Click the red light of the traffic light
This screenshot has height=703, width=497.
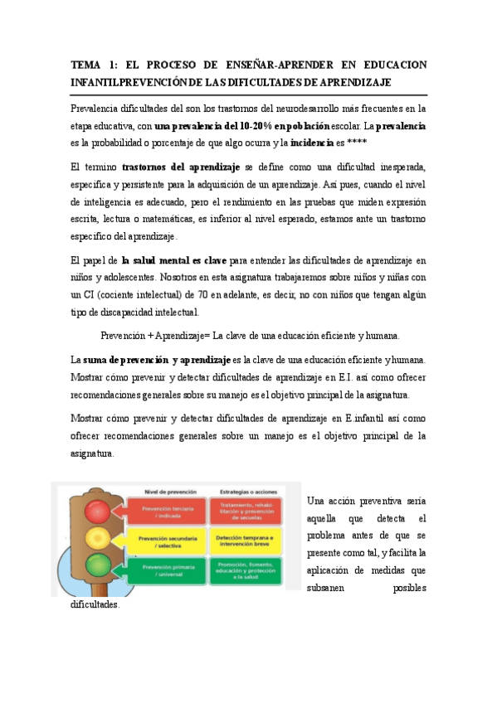[x=98, y=508]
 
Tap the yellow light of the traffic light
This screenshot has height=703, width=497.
[x=98, y=539]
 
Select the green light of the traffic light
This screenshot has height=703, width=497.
[x=98, y=570]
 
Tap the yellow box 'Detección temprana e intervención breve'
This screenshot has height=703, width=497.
[x=246, y=541]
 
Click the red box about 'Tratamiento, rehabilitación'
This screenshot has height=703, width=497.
[x=246, y=511]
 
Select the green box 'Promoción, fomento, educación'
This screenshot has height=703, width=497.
[x=246, y=572]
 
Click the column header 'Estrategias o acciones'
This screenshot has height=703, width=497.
[x=245, y=492]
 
